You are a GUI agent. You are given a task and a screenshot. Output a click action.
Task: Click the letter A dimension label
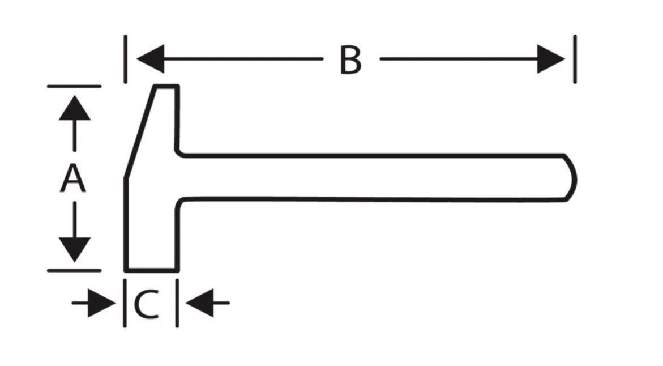(73, 178)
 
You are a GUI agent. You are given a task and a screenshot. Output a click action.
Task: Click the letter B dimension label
(350, 61)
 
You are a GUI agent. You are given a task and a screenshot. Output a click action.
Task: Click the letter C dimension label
(146, 304)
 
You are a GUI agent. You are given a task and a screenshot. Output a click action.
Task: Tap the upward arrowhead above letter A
(74, 108)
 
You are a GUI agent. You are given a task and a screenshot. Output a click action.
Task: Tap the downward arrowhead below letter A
(74, 250)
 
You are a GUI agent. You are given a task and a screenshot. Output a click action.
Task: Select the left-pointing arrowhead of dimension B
(151, 59)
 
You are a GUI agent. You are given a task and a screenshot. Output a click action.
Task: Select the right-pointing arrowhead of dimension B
(551, 59)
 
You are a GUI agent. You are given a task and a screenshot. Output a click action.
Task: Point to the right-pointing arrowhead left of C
(101, 303)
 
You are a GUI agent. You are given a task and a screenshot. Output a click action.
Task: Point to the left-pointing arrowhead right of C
(199, 303)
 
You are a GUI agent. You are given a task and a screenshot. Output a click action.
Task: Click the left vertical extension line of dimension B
(125, 59)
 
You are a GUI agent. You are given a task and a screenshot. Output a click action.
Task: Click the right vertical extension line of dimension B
(575, 59)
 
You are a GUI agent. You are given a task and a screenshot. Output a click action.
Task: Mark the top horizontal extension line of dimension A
(74, 86)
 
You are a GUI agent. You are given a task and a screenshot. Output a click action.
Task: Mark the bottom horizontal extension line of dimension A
(74, 270)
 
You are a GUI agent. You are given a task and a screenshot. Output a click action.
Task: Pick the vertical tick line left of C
(125, 303)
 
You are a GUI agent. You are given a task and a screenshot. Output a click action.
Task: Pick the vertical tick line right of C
(177, 303)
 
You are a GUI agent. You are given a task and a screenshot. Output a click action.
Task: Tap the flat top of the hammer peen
(166, 87)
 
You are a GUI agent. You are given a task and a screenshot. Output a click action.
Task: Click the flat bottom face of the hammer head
(152, 270)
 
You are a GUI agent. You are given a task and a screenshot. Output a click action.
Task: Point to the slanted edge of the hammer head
(140, 133)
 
